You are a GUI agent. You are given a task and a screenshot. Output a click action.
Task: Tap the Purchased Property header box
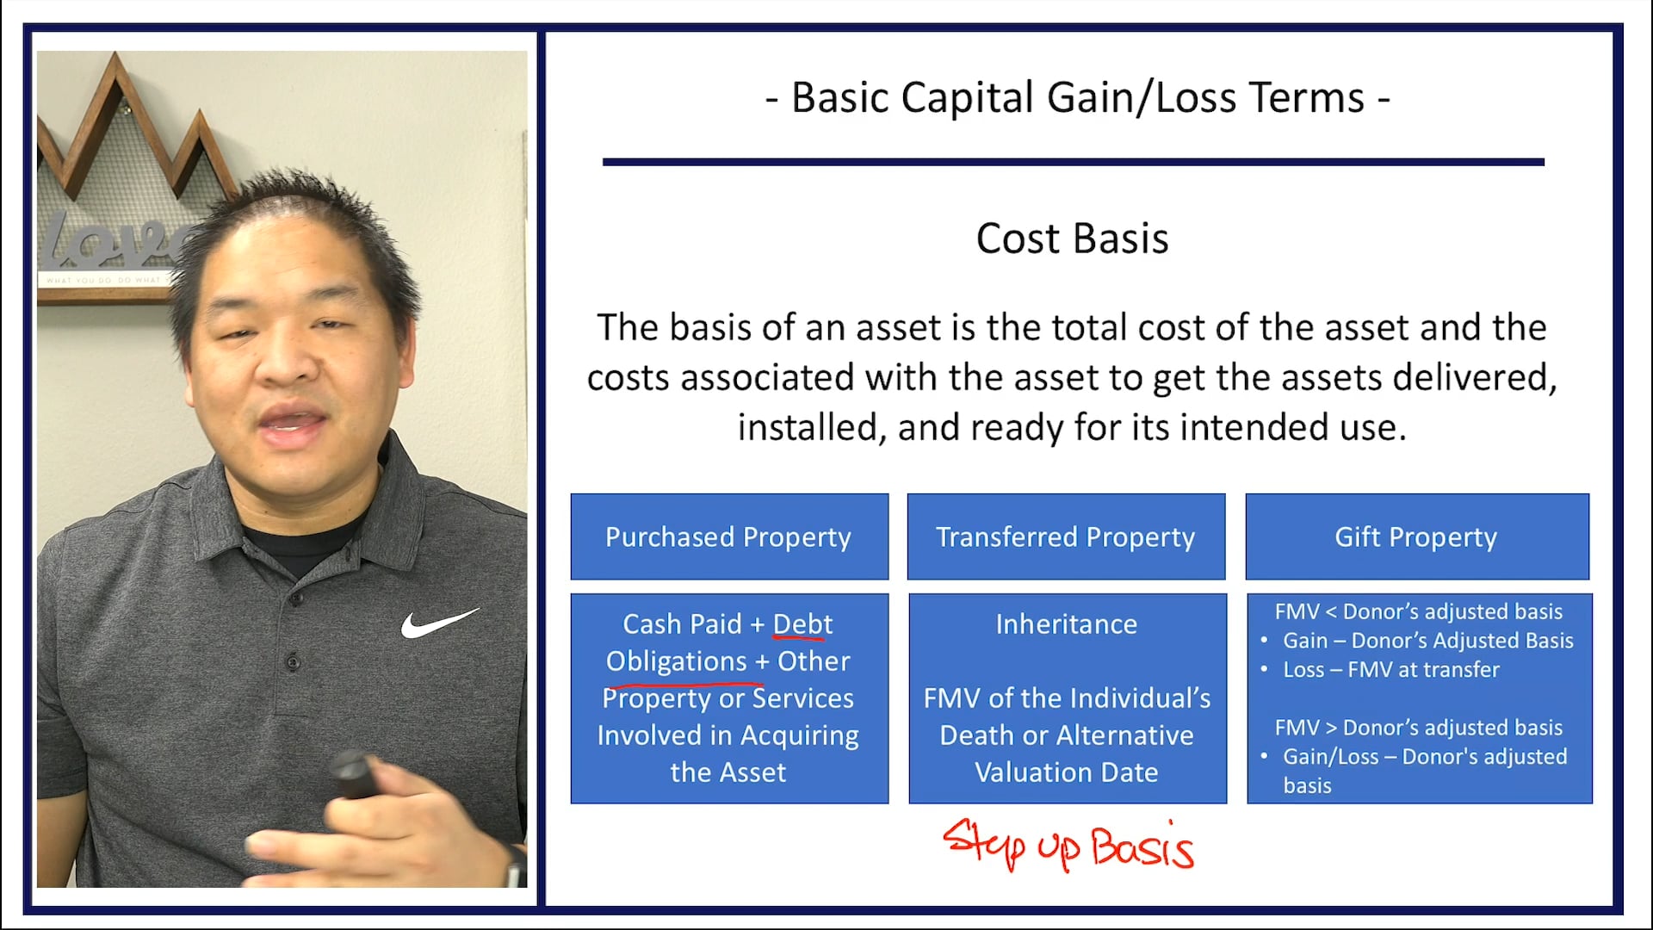pyautogui.click(x=728, y=536)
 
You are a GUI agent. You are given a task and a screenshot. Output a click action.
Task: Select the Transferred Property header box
pyautogui.click(x=1065, y=536)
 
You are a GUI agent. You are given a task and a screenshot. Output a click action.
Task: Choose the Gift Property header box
pyautogui.click(x=1416, y=536)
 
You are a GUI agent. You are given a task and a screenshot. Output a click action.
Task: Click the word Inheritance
pyautogui.click(x=1066, y=624)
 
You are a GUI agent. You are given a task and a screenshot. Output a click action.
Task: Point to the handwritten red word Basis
pyautogui.click(x=1142, y=847)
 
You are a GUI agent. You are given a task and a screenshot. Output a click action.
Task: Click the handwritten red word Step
pyautogui.click(x=984, y=843)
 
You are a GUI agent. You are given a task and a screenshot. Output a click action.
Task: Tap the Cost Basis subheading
pyautogui.click(x=1072, y=239)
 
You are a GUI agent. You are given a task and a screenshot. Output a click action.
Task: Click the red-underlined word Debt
pyautogui.click(x=802, y=624)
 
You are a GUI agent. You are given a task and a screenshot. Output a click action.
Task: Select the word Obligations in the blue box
pyautogui.click(x=676, y=661)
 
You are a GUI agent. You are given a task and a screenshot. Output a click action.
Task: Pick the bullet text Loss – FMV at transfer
pyautogui.click(x=1390, y=670)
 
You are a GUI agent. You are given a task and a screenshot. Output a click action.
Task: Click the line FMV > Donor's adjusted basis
pyautogui.click(x=1418, y=728)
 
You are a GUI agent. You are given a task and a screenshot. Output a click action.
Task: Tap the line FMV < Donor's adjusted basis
pyautogui.click(x=1418, y=611)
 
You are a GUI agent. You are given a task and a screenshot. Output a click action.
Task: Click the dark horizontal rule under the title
pyautogui.click(x=1073, y=162)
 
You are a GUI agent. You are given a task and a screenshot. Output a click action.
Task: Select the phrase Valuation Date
pyautogui.click(x=1066, y=772)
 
